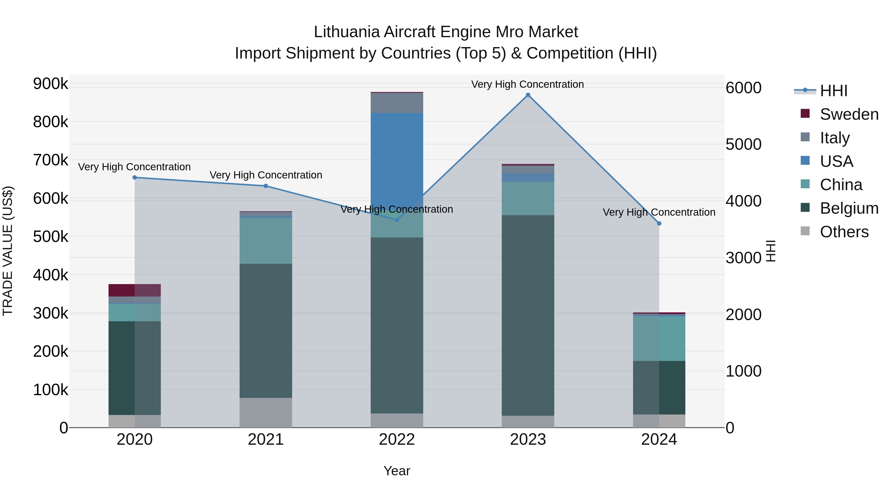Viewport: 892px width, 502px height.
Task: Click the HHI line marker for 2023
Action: coord(528,95)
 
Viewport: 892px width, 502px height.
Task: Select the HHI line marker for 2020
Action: coord(135,177)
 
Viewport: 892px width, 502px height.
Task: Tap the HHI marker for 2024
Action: coord(659,223)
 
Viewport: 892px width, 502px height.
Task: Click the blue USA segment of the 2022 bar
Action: coord(397,156)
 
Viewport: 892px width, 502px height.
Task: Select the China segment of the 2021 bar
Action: coord(266,241)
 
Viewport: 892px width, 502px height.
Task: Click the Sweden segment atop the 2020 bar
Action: coord(135,290)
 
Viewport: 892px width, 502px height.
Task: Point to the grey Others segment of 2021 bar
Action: coord(266,412)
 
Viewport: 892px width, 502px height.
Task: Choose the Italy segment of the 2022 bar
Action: coord(397,103)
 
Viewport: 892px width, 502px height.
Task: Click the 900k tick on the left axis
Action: coord(51,84)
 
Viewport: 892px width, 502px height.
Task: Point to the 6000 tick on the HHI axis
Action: coord(743,88)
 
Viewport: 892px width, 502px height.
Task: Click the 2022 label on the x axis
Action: coord(397,440)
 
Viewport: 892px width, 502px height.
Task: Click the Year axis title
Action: coord(397,471)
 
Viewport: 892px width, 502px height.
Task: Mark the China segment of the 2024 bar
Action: coord(659,338)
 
